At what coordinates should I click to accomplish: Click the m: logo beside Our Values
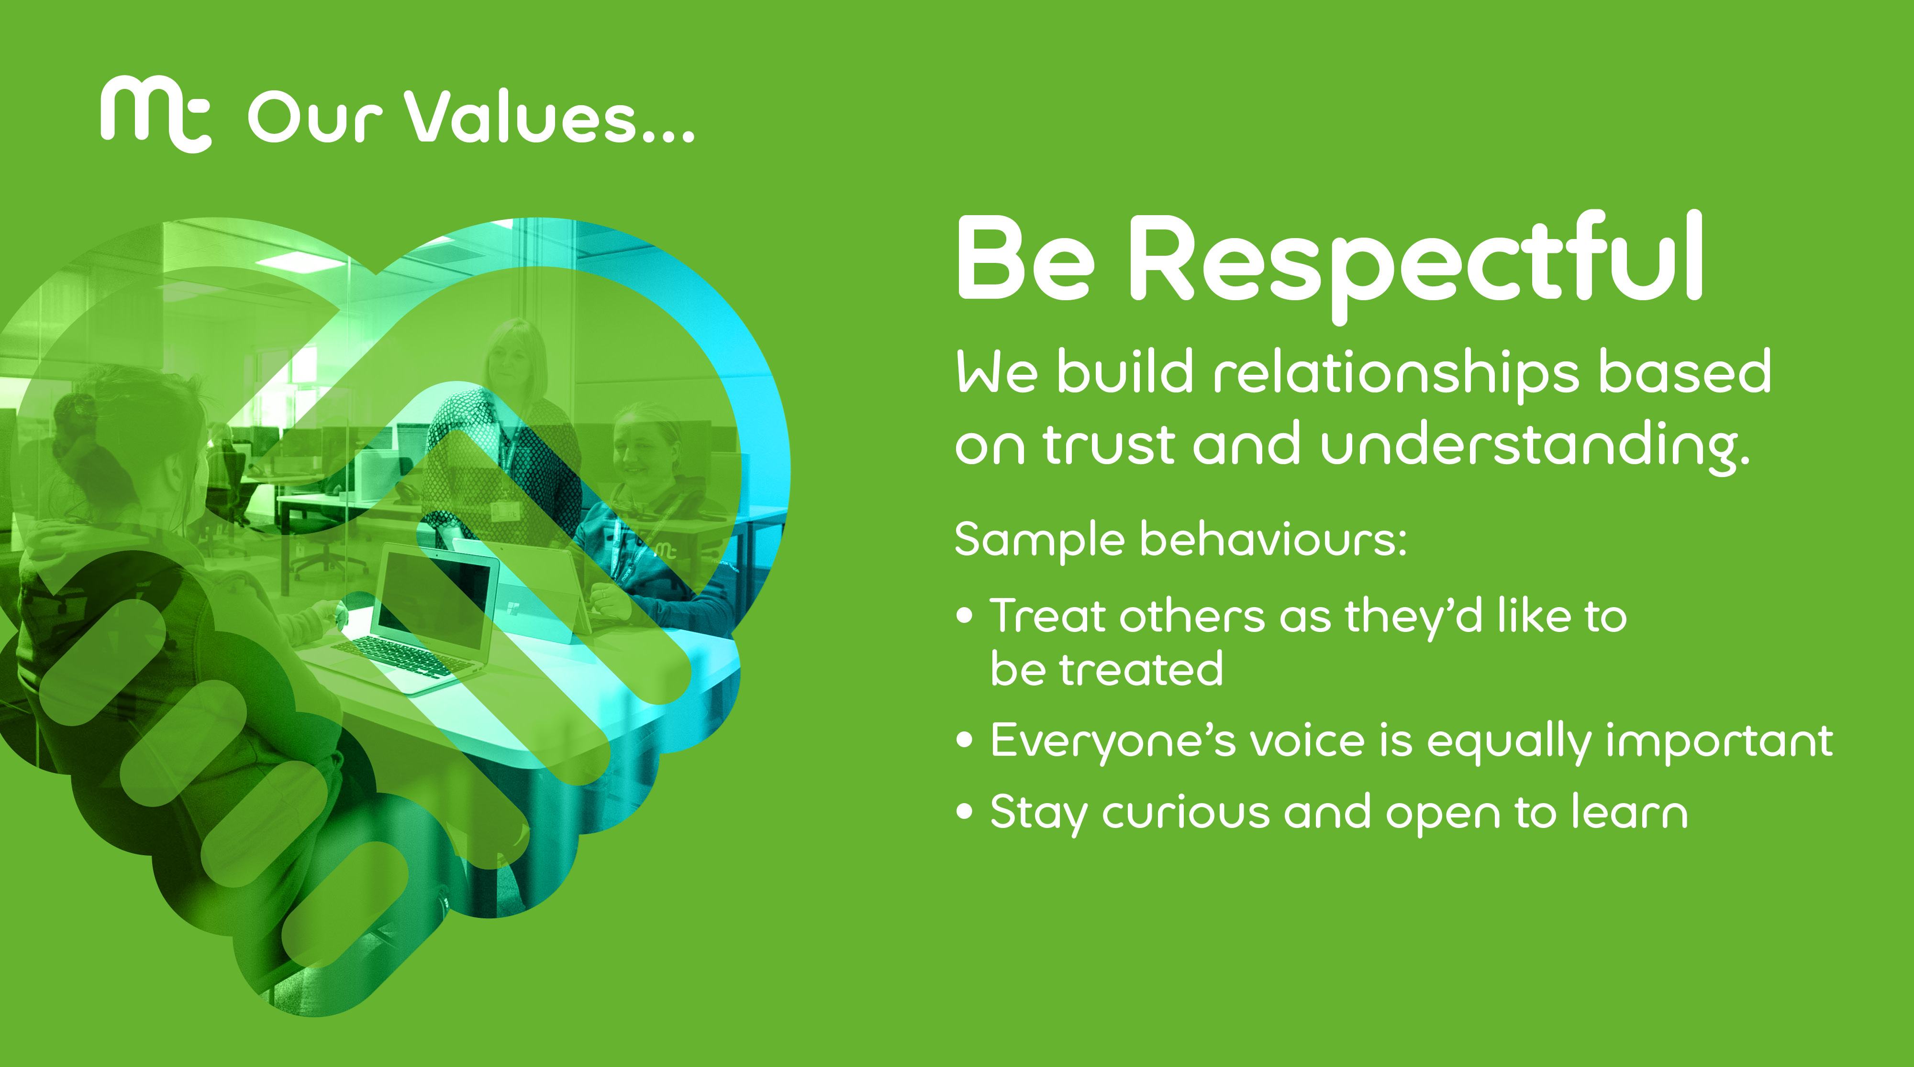coord(156,114)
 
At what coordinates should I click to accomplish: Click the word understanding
coord(1535,446)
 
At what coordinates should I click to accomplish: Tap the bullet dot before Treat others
coord(965,616)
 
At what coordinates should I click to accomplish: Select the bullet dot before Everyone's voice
coord(965,740)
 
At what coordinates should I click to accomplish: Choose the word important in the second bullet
coord(1719,740)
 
